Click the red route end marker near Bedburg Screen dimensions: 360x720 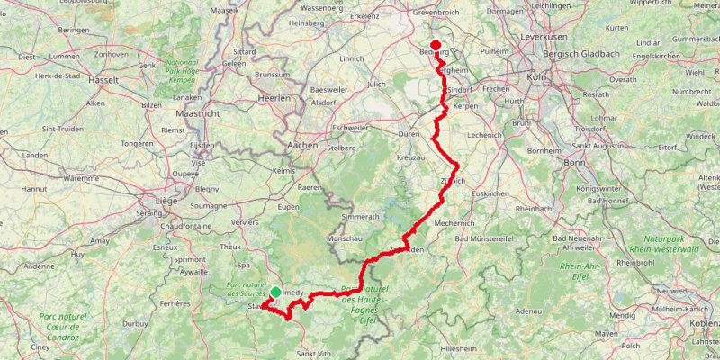coord(436,46)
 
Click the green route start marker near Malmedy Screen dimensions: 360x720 coord(275,292)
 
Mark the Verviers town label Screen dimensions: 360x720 coord(245,221)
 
